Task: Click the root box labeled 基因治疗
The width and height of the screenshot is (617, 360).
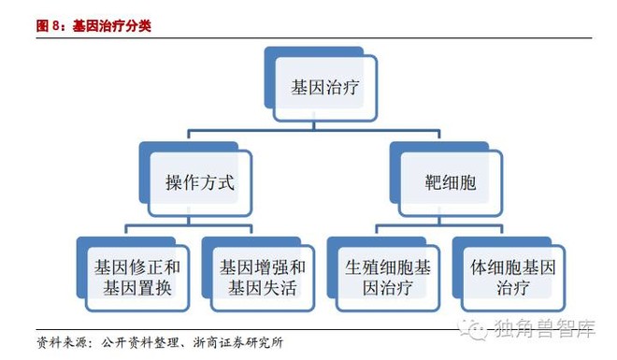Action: point(321,84)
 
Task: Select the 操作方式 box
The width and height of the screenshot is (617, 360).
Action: point(195,180)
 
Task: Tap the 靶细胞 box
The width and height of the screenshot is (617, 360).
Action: point(446,180)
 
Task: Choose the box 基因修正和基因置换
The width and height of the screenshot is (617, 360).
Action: point(134,274)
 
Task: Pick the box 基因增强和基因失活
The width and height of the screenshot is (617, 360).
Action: point(259,274)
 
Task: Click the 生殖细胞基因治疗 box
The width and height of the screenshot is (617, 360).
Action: point(383,274)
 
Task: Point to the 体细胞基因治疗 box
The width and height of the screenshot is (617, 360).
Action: point(509,274)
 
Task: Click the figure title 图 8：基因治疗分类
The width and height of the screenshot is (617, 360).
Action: point(93,26)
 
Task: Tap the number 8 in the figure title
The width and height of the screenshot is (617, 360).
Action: point(56,26)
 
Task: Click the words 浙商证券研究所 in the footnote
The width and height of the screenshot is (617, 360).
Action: point(238,342)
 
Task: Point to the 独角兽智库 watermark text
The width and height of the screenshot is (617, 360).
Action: point(545,328)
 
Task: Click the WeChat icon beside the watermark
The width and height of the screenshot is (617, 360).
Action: point(473,329)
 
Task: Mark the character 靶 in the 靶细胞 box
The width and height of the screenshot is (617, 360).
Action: point(433,182)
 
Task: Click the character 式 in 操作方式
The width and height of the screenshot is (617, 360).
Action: point(226,182)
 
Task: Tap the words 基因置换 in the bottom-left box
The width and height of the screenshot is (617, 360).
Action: point(137,288)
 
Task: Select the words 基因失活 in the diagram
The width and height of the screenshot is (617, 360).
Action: point(263,288)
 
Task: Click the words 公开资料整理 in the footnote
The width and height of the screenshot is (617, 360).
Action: point(139,342)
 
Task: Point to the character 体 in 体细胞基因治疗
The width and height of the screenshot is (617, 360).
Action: point(479,267)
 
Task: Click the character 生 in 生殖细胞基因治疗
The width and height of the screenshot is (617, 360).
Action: point(353,267)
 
